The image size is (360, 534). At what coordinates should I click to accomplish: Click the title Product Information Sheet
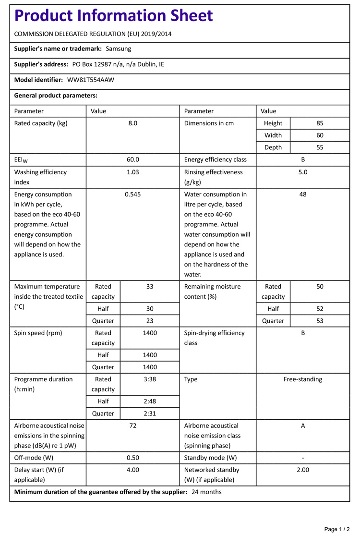click(113, 16)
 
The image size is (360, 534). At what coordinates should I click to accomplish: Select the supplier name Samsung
click(118, 49)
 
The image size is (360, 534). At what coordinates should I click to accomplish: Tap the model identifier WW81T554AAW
click(91, 80)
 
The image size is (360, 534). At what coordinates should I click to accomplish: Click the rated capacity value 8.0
click(132, 123)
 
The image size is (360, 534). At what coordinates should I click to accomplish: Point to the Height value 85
click(320, 123)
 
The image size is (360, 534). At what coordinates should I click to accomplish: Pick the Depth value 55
click(320, 147)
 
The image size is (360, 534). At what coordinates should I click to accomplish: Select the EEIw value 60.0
click(132, 160)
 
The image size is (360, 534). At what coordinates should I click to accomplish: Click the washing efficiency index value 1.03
click(132, 172)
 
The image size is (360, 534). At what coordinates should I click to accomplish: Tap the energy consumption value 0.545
click(132, 194)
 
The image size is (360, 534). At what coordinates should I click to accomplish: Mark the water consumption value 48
click(303, 194)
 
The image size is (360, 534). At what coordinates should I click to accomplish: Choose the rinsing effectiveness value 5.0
click(303, 172)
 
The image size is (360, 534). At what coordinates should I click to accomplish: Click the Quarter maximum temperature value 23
click(150, 321)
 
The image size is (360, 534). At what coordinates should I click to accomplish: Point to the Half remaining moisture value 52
click(320, 309)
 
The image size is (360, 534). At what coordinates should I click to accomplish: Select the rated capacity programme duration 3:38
click(150, 379)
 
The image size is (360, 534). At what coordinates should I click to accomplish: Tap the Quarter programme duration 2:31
click(150, 413)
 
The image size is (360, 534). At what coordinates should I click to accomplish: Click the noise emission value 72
click(132, 425)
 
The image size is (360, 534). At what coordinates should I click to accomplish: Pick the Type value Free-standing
click(303, 379)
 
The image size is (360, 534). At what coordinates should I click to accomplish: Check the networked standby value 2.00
click(303, 470)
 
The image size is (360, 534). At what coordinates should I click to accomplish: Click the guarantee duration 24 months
click(206, 492)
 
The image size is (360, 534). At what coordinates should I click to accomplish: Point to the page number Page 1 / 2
click(337, 529)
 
